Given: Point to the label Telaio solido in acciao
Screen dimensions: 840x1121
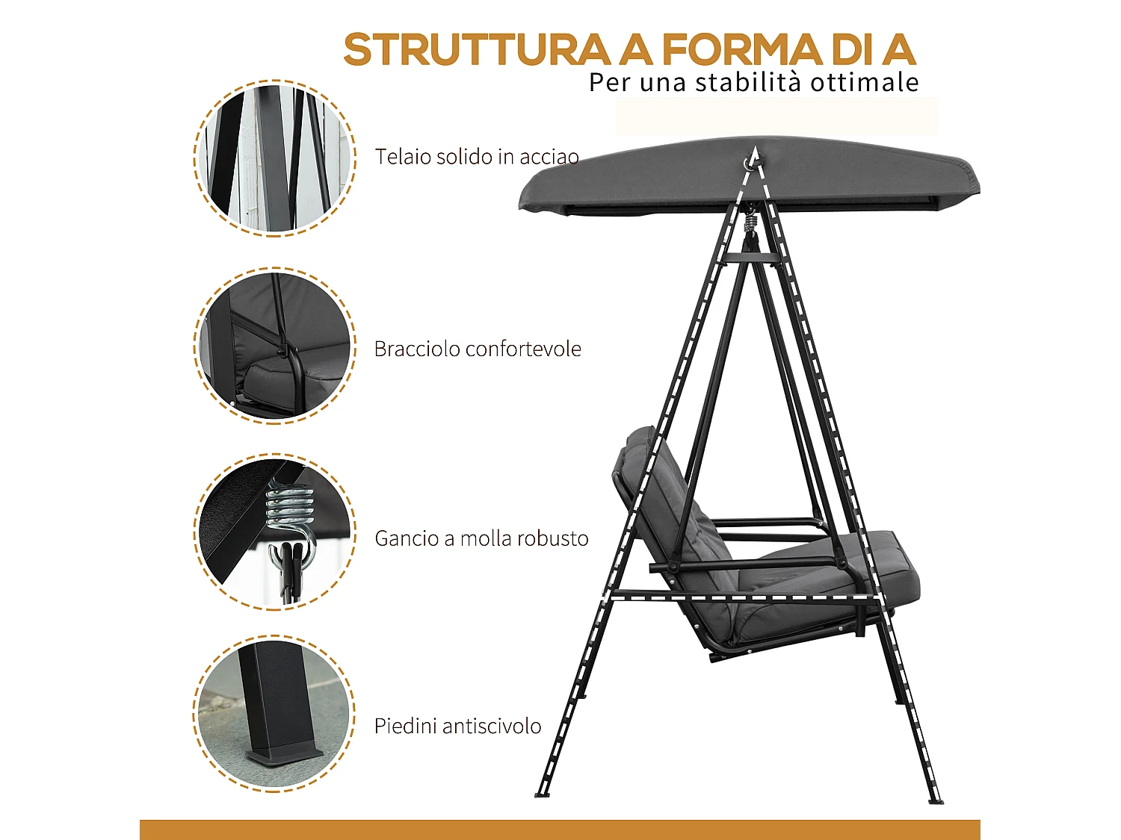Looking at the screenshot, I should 477,157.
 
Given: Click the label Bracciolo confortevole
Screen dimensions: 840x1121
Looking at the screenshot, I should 478,349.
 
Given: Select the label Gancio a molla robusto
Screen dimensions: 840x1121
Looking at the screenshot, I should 481,538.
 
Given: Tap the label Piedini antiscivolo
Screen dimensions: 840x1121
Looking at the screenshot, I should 457,726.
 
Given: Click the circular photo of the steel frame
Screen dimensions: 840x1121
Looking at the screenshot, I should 274,158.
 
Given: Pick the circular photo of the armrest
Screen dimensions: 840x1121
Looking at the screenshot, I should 274,346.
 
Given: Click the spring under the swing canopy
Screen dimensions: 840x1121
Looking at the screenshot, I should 750,220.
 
